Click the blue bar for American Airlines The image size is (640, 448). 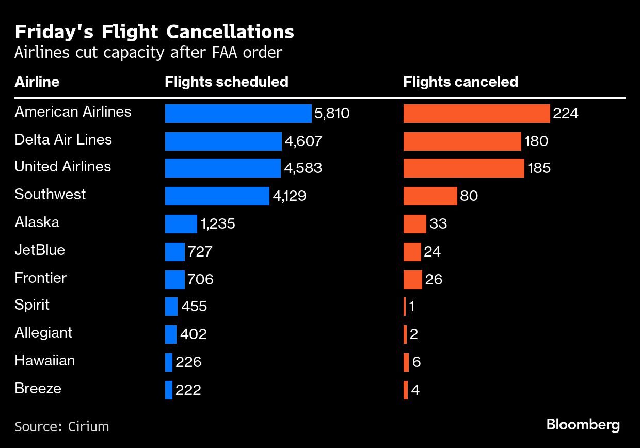[238, 114]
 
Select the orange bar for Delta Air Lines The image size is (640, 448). [462, 141]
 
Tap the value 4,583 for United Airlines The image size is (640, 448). [303, 168]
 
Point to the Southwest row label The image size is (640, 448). [50, 195]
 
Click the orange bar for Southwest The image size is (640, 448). [430, 196]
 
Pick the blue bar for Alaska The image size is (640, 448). [181, 224]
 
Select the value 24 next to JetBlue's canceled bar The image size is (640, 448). [432, 251]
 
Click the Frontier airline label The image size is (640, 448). [40, 278]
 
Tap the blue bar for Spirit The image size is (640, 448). [171, 307]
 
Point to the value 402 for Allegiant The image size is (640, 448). [194, 334]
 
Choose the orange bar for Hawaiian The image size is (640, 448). [406, 362]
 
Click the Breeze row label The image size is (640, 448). [38, 388]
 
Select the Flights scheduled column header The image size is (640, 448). [226, 82]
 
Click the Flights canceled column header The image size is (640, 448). [460, 82]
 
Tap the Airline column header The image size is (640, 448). [37, 82]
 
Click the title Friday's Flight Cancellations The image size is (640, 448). [154, 32]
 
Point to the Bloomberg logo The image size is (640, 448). [583, 425]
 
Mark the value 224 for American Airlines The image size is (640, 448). [565, 114]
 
